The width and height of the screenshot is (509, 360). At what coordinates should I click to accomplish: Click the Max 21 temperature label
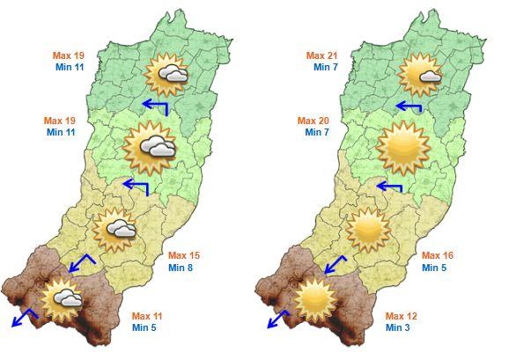click(321, 55)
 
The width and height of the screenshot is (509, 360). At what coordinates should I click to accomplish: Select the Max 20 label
click(313, 121)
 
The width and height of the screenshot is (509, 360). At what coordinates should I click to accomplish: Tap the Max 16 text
click(437, 255)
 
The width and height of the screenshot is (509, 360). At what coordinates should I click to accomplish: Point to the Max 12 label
click(401, 316)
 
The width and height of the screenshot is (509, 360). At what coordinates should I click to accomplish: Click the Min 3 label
click(399, 327)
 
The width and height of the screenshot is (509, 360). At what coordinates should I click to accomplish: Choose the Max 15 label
click(183, 255)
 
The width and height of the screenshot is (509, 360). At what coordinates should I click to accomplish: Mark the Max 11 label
click(147, 316)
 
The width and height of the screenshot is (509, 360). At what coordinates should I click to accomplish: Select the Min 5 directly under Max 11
click(145, 327)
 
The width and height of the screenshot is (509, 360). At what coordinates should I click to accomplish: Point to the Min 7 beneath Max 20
click(317, 132)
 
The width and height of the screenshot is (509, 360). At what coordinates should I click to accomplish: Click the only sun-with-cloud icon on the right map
click(418, 74)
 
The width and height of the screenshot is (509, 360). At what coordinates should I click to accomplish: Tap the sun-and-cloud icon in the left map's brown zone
click(63, 298)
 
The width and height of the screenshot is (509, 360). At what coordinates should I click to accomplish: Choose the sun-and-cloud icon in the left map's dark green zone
click(166, 74)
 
